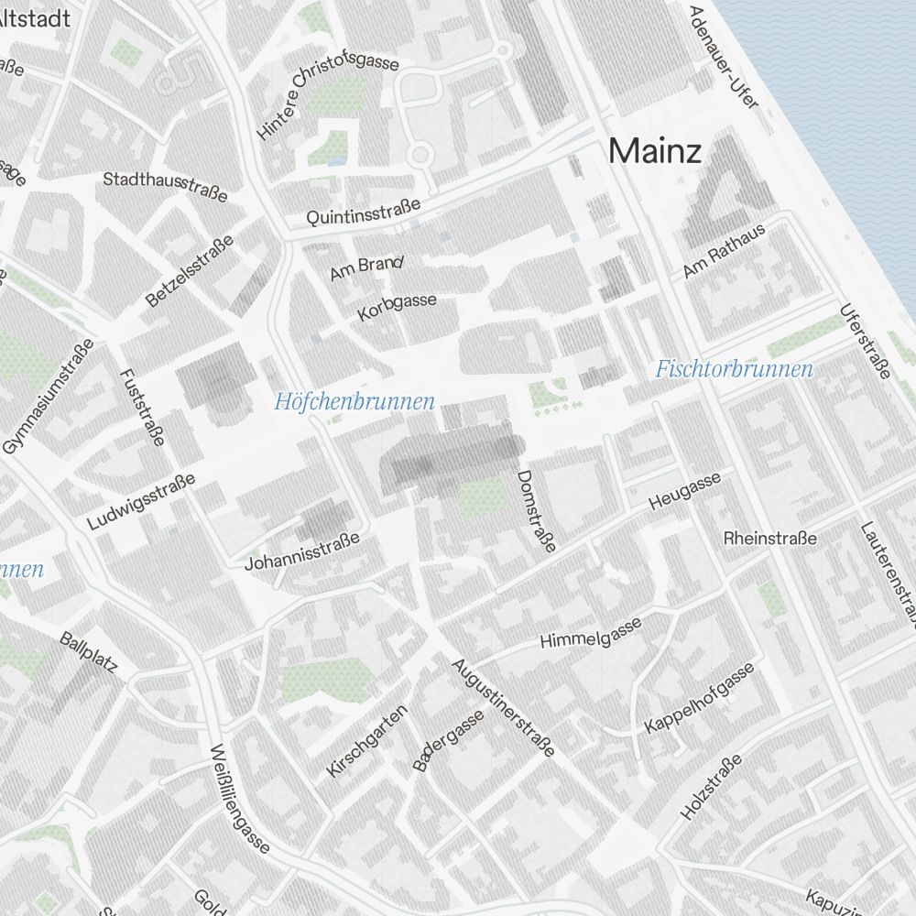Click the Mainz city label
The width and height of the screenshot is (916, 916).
656,150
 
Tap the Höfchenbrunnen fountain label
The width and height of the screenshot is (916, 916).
354,401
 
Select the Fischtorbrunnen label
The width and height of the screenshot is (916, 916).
734,369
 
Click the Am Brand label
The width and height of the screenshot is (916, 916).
366,268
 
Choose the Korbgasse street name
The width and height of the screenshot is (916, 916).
398,308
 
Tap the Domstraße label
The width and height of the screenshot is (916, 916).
536,511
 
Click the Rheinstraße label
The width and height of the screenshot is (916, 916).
769,538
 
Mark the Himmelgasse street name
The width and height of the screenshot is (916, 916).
591,631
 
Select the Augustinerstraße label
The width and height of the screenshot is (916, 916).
504,707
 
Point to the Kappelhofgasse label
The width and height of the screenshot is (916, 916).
701,697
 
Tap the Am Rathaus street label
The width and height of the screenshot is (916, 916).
724,252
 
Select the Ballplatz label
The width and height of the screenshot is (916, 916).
89,652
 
